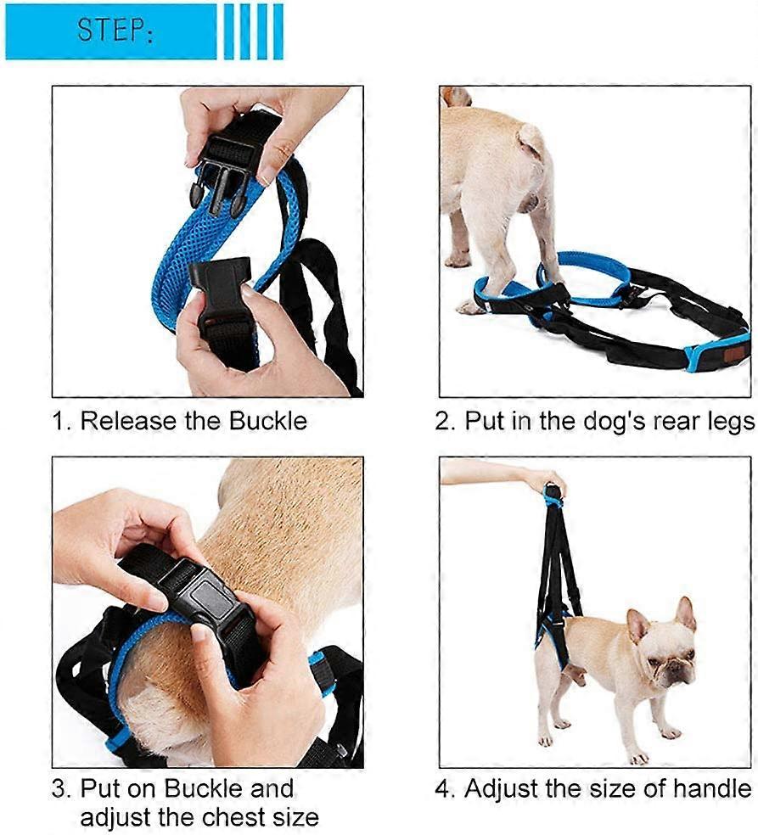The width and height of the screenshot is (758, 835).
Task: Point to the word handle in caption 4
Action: point(710,789)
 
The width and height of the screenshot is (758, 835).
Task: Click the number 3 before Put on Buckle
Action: point(60,789)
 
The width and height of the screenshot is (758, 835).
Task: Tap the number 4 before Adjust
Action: point(445,789)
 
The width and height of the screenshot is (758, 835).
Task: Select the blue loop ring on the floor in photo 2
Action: point(584,272)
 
